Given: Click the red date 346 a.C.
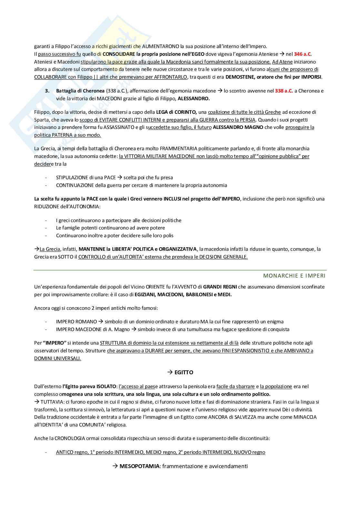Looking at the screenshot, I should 303,54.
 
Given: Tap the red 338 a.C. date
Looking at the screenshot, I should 284,91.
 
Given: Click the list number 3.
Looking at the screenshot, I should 47,91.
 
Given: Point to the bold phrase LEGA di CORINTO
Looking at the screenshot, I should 176,112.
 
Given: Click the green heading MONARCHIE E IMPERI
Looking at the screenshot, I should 294,276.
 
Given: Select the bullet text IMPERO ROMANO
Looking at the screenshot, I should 76,322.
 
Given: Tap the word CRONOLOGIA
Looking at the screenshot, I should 70,438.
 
